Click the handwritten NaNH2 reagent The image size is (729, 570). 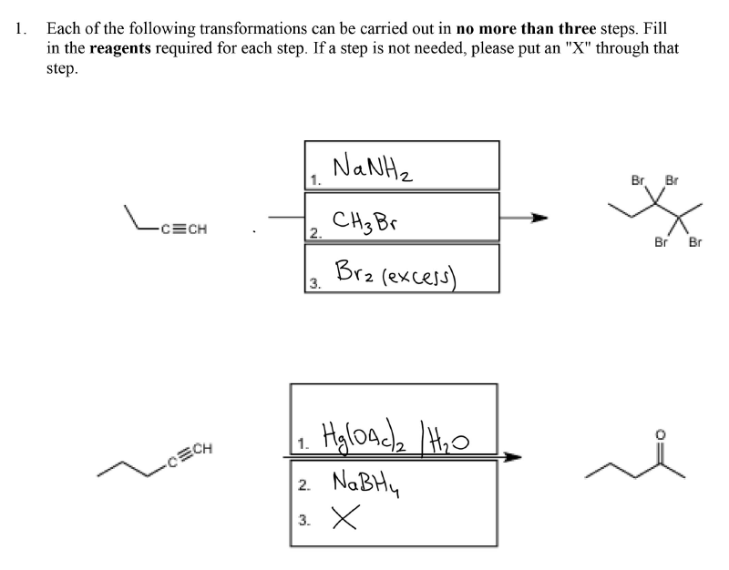pyautogui.click(x=373, y=168)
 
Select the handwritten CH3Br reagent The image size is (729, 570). pyautogui.click(x=365, y=222)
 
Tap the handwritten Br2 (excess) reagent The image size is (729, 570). pyautogui.click(x=395, y=274)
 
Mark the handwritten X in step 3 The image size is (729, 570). pyautogui.click(x=346, y=517)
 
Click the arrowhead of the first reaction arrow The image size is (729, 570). pyautogui.click(x=539, y=218)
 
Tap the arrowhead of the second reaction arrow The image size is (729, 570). pyautogui.click(x=513, y=457)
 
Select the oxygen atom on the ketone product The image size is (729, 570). pyautogui.click(x=660, y=435)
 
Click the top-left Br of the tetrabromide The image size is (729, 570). pyautogui.click(x=637, y=179)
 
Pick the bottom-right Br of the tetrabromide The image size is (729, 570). pyautogui.click(x=695, y=242)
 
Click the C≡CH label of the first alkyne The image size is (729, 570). pyautogui.click(x=183, y=229)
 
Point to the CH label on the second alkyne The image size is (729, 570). pyautogui.click(x=202, y=448)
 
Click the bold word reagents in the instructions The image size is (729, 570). pyautogui.click(x=120, y=48)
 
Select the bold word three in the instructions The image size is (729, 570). pyautogui.click(x=577, y=28)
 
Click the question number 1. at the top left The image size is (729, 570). pyautogui.click(x=20, y=28)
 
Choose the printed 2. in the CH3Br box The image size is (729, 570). pyautogui.click(x=315, y=233)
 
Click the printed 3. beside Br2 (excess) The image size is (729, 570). pyautogui.click(x=315, y=283)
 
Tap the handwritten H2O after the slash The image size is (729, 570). pyautogui.click(x=449, y=440)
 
